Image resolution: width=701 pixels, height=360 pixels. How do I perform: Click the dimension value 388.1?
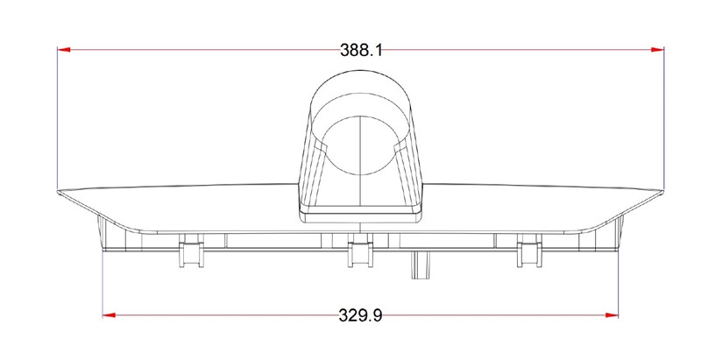pyautogui.click(x=361, y=50)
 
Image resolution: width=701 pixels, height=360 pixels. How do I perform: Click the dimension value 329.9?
pyautogui.click(x=360, y=315)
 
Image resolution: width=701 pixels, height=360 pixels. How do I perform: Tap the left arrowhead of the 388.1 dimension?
pyautogui.click(x=64, y=50)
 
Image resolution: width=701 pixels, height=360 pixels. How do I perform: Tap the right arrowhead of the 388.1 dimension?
pyautogui.click(x=658, y=50)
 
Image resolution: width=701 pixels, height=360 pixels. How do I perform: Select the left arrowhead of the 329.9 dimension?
pyautogui.click(x=109, y=314)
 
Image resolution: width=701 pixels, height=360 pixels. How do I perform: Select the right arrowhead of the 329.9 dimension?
pyautogui.click(x=612, y=314)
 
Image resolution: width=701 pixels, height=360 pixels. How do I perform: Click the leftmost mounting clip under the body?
pyautogui.click(x=191, y=251)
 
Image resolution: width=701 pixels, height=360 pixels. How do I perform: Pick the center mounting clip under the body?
pyautogui.click(x=360, y=251)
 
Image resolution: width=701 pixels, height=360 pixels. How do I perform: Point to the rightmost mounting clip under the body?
pyautogui.click(x=529, y=251)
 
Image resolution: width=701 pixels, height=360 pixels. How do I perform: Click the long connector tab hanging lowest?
pyautogui.click(x=421, y=265)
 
